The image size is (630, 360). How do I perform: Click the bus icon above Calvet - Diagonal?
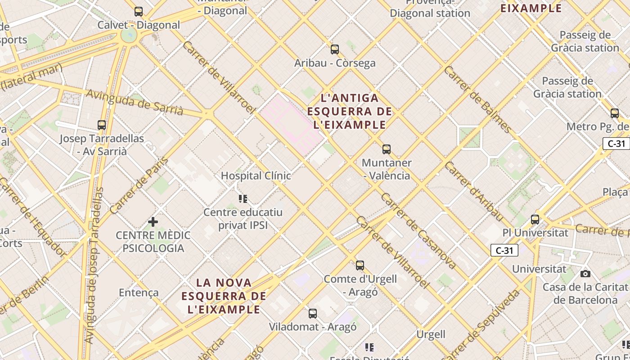tap(139, 12)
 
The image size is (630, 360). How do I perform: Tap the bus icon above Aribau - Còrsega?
tap(334, 49)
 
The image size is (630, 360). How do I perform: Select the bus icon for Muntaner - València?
tap(386, 149)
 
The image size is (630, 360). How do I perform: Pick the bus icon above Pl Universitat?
tap(535, 220)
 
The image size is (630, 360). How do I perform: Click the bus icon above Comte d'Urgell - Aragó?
tap(360, 265)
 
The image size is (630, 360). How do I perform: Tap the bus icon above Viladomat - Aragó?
tap(312, 314)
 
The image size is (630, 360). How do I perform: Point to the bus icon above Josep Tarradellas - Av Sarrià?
tap(102, 125)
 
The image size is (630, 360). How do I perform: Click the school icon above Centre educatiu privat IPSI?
tap(243, 198)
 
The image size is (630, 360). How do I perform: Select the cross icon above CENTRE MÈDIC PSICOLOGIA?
tap(153, 222)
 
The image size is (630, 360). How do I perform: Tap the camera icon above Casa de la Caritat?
tap(585, 274)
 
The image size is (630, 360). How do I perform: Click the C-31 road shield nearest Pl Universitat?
tap(504, 251)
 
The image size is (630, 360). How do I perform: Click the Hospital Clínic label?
tap(256, 175)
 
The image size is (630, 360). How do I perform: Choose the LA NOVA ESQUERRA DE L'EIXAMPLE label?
tap(224, 296)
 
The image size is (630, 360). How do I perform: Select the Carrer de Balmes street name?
tap(477, 99)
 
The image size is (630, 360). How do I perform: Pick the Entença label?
tap(139, 292)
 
